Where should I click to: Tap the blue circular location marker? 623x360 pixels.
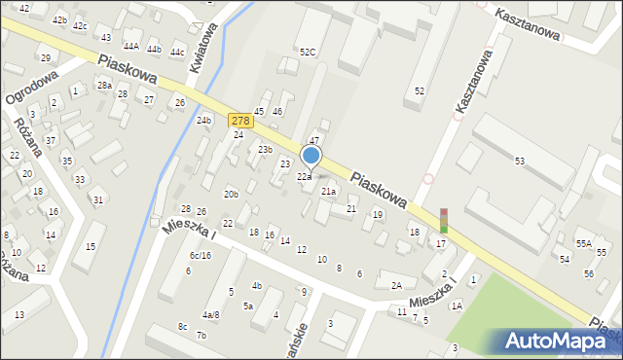(x=311, y=156)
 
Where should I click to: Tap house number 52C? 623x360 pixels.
(x=308, y=52)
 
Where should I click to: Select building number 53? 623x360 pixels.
(x=520, y=161)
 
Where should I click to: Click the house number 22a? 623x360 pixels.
(x=304, y=177)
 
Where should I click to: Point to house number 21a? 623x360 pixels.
(x=329, y=192)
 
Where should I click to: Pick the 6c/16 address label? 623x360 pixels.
(x=200, y=256)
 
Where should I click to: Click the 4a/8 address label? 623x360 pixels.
(x=210, y=315)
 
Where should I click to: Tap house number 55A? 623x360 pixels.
(x=583, y=243)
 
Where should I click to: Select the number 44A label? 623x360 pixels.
(x=130, y=46)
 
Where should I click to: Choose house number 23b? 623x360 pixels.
(x=265, y=150)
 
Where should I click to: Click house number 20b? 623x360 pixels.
(x=231, y=195)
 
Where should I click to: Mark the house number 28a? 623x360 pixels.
(x=104, y=86)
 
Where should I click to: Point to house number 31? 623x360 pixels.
(x=97, y=200)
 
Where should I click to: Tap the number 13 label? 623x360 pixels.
(x=19, y=314)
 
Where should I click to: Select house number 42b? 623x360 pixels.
(x=59, y=20)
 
